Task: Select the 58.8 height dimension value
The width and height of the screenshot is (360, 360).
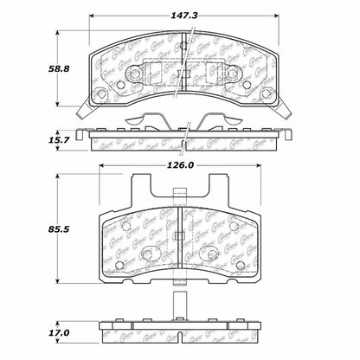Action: coord(29,65)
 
